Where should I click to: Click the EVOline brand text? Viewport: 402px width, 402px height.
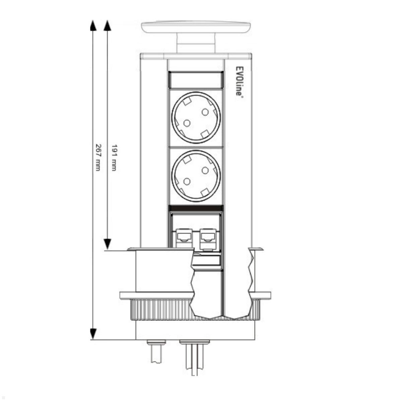[239, 80]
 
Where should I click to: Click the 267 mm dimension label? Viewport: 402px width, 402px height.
[98, 157]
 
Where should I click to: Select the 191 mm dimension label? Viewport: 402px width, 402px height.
[114, 158]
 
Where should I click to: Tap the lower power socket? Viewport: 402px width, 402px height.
[196, 176]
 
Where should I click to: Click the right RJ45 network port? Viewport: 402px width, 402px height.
[208, 236]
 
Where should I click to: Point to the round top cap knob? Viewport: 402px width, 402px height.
[196, 27]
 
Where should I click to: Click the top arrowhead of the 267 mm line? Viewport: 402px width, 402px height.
[93, 25]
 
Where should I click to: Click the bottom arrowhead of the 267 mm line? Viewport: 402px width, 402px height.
[93, 334]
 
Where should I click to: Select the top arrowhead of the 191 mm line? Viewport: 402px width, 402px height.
[107, 25]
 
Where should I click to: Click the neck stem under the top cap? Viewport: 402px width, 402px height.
[196, 44]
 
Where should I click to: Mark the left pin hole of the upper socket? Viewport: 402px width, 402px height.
[187, 123]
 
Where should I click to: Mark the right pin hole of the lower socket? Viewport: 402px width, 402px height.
[205, 171]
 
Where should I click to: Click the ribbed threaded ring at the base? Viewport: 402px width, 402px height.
[161, 310]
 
